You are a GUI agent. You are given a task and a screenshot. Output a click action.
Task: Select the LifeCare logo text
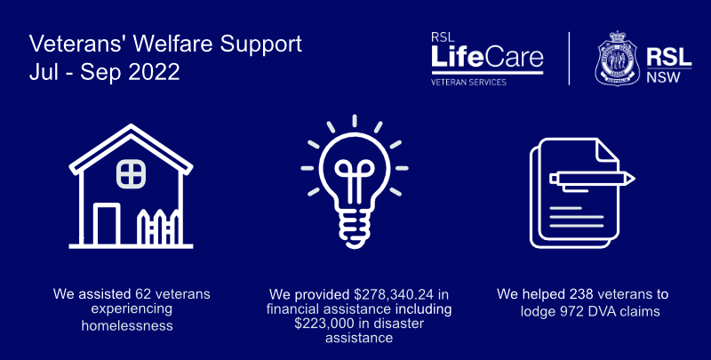487,58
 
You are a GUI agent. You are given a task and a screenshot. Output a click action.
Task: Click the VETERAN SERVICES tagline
468,82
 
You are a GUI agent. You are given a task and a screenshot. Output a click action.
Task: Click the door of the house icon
108,226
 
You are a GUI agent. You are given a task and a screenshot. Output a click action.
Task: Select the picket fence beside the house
160,227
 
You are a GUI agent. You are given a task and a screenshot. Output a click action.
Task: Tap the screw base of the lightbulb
354,226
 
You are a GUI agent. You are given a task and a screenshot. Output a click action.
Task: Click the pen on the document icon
593,179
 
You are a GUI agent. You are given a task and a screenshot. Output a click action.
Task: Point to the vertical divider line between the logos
569,59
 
